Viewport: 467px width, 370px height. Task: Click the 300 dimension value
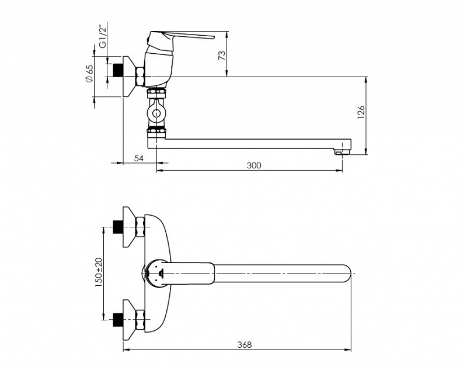point(254,165)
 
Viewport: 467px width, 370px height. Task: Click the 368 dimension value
point(244,345)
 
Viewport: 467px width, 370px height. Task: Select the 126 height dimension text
point(361,112)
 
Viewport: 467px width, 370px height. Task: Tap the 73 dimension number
point(222,56)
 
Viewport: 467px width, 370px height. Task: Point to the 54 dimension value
point(138,158)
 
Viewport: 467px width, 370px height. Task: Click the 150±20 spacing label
point(99,272)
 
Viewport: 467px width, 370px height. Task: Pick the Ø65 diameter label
point(89,73)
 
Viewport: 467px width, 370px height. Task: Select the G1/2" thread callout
point(103,37)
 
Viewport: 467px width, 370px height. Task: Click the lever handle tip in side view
point(212,37)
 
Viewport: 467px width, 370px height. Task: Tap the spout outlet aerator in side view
point(341,153)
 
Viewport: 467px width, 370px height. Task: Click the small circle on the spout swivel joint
point(156,113)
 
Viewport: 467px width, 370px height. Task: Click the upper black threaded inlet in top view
point(119,227)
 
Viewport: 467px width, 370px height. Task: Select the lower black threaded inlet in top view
point(119,320)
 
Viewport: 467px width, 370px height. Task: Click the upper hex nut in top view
point(140,227)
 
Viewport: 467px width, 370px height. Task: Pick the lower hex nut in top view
point(140,319)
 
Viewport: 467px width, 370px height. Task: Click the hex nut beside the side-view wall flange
point(140,77)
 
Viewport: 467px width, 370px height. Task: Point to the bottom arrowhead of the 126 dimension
point(367,151)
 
